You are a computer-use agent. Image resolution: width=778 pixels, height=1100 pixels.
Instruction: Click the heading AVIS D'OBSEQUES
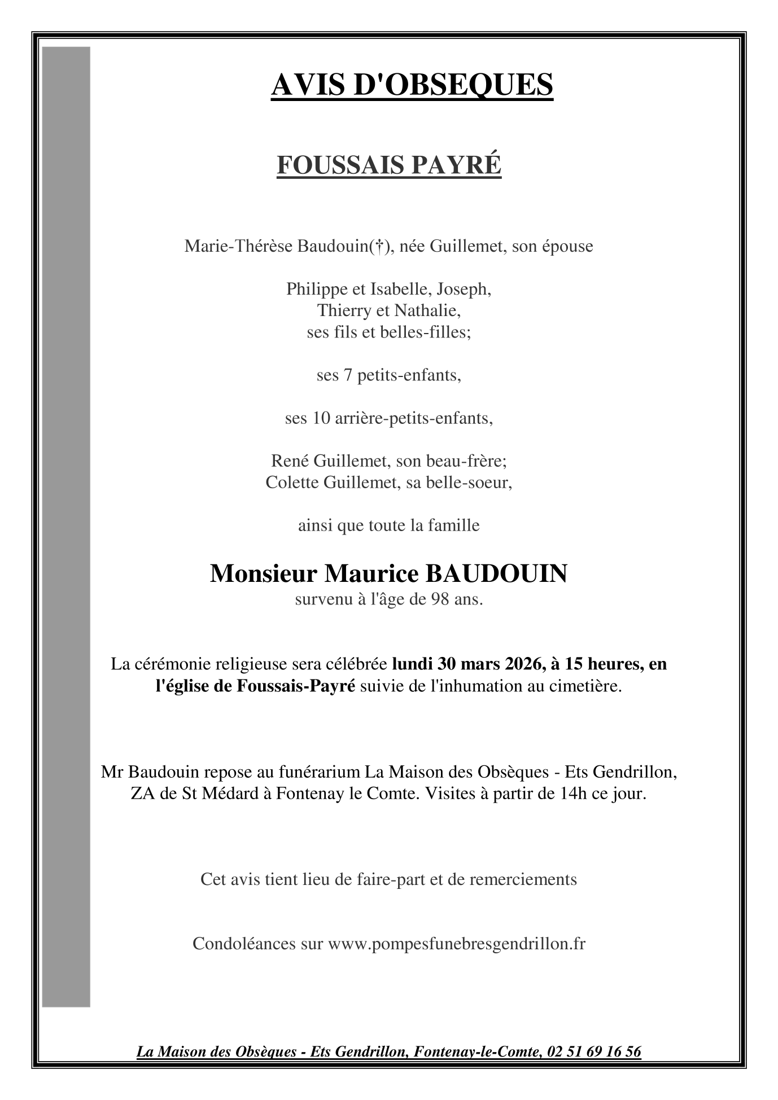click(412, 85)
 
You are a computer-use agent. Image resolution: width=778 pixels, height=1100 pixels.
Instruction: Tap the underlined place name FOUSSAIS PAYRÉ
click(388, 165)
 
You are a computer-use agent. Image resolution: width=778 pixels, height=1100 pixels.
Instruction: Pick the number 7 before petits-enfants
click(348, 375)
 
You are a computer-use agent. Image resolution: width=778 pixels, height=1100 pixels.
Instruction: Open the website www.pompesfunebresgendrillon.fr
click(457, 944)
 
